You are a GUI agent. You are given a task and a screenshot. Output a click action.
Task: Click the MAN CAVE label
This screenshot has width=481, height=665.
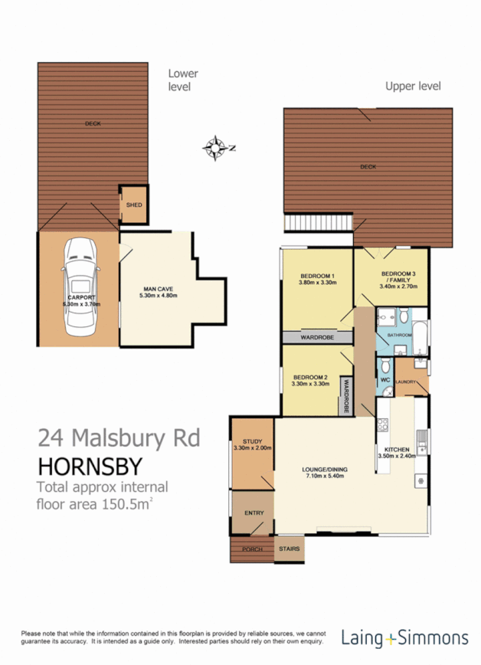[x=157, y=290]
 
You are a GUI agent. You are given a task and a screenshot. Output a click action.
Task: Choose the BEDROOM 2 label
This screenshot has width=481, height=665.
[x=310, y=380]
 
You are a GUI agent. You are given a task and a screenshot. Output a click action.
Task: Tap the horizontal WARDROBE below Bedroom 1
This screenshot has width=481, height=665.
[x=317, y=337]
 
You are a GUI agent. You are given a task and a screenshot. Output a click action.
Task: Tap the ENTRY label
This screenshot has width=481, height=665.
[x=254, y=513]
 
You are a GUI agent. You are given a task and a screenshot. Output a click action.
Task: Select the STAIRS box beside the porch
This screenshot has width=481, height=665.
[x=289, y=549]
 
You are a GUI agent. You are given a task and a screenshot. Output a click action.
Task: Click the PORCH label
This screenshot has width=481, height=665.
[x=252, y=549]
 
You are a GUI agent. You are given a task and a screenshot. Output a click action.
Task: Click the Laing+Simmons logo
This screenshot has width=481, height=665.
[x=404, y=637]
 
